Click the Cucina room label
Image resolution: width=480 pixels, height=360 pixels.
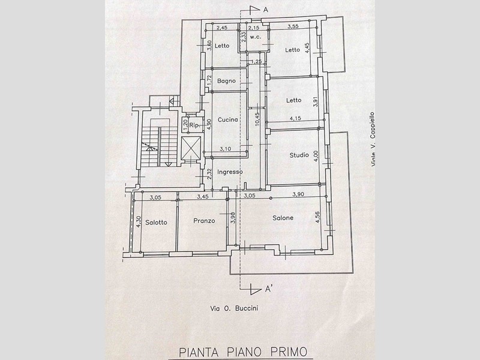(x=228, y=119)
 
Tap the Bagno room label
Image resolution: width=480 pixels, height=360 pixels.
(x=227, y=81)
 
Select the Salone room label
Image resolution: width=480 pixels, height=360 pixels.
(x=283, y=218)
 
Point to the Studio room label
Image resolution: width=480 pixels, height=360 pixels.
(x=299, y=155)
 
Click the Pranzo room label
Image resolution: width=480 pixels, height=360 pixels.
(x=204, y=220)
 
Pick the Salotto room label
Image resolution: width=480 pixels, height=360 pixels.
(x=156, y=222)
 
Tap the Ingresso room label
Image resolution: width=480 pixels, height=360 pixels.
(x=230, y=172)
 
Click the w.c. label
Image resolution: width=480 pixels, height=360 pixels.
(x=256, y=37)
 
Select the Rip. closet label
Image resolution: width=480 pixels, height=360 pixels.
(x=194, y=125)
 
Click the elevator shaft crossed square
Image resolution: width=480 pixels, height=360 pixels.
(x=191, y=148)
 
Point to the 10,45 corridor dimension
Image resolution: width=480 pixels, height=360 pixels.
(x=257, y=119)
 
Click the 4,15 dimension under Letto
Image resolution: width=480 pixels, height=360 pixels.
(x=295, y=118)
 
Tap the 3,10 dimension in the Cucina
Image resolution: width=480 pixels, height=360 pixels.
(x=226, y=149)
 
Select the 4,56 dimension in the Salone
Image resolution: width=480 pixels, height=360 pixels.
(x=317, y=217)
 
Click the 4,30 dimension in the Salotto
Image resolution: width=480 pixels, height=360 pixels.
(x=138, y=221)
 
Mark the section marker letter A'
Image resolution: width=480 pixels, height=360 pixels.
(x=268, y=289)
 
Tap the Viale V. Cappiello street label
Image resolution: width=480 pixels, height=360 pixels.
(x=373, y=139)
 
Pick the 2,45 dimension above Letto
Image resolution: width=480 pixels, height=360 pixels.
(x=222, y=28)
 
